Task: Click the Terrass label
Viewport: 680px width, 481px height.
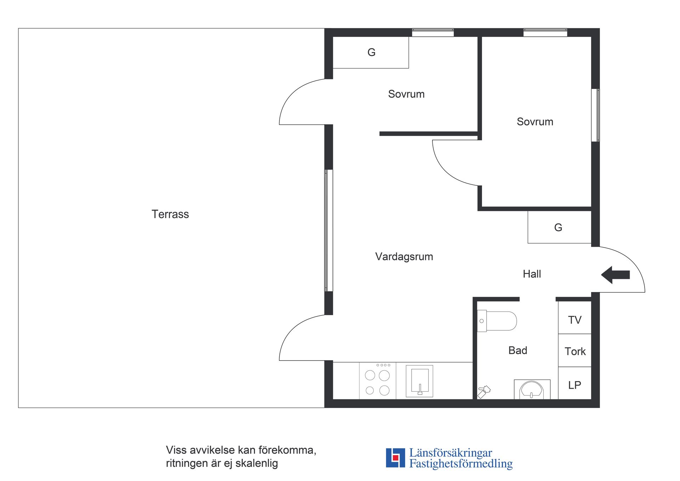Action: [170, 214]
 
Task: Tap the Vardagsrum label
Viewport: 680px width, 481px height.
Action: [404, 256]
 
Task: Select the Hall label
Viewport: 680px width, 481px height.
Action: [532, 274]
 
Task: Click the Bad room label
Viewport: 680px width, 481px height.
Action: [517, 350]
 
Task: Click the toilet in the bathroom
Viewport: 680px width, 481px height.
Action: [497, 321]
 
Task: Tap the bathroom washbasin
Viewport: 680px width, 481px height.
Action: [532, 390]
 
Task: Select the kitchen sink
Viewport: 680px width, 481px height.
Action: [419, 381]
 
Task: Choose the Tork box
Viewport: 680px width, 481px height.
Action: [574, 351]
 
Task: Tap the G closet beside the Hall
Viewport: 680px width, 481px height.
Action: [559, 227]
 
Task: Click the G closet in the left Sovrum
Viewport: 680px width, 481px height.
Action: [371, 52]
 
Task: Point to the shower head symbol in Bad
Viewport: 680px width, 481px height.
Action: [484, 391]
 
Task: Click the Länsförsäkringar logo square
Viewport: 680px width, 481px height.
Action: [395, 458]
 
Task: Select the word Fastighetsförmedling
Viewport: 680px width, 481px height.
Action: [461, 464]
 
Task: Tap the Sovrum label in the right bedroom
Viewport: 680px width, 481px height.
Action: [534, 122]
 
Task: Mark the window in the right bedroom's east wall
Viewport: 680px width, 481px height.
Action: [596, 115]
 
